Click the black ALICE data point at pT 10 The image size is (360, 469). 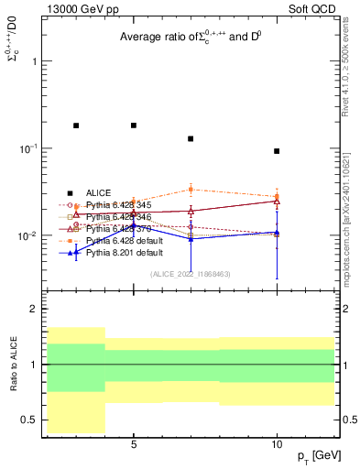point(277,151)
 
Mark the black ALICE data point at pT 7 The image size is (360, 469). point(191,139)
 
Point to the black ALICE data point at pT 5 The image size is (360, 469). point(134,125)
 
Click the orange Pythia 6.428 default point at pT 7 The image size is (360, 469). point(191,190)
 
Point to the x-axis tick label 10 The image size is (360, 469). point(277,444)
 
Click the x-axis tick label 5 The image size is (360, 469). point(134,444)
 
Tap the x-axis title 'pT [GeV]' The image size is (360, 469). point(313,456)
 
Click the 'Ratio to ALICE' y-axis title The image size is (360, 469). point(13,364)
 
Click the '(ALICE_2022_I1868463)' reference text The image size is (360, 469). point(190,273)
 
